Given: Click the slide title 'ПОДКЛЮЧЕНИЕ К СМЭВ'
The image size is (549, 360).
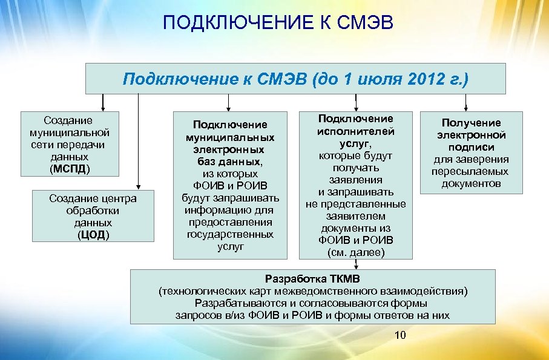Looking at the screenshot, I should (278, 24).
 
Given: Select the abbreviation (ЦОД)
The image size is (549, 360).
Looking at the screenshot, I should (93, 235).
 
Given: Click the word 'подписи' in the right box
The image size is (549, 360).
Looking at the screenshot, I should (471, 147).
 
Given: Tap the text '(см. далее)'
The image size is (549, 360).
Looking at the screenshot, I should (355, 252).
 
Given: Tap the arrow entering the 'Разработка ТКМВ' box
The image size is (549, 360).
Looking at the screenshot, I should (356, 264).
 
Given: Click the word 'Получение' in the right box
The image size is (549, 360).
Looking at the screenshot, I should (471, 123).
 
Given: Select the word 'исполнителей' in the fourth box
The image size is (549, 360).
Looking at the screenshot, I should (355, 131).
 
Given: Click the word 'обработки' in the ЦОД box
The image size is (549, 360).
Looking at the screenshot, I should (93, 211).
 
